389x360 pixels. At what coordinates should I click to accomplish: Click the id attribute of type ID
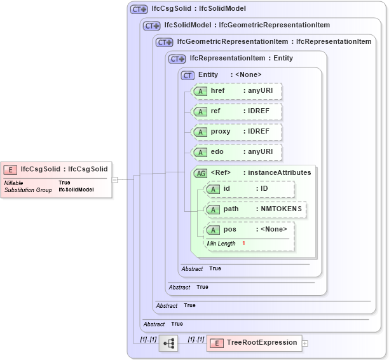(249, 189)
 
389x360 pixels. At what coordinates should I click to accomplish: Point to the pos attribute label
(230, 229)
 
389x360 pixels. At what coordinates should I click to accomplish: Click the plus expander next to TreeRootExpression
(305, 343)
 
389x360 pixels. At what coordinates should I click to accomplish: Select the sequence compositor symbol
(168, 343)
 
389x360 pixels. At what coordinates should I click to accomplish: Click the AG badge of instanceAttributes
(200, 173)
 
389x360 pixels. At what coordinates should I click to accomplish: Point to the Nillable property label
(14, 183)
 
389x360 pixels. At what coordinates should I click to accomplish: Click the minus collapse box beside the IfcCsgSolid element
(114, 180)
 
